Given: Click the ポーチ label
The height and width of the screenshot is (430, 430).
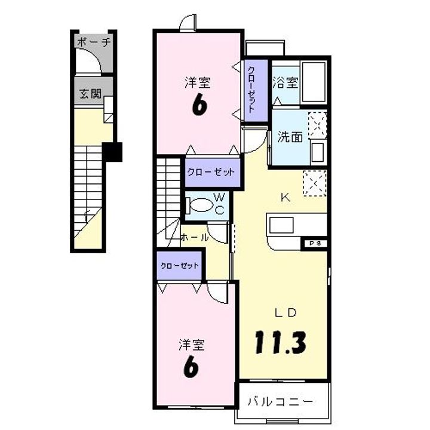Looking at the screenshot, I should tap(94, 43).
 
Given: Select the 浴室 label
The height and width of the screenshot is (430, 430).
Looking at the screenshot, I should tap(285, 83).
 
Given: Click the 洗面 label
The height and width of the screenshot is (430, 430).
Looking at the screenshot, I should tap(290, 136).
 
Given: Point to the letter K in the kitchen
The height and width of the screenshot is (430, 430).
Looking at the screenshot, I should tap(286, 198).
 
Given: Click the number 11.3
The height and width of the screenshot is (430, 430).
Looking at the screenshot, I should tap(281, 342).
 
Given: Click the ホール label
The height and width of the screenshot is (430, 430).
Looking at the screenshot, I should tap(195, 236).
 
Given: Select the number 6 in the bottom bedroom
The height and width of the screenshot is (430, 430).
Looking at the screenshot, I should tap(191, 367).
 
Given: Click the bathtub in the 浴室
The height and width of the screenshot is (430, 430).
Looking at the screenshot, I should tap(314, 82).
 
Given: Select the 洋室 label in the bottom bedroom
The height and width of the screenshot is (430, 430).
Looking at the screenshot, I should tap(192, 345).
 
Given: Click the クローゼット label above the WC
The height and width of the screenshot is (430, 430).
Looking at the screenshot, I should tap(211, 172).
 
